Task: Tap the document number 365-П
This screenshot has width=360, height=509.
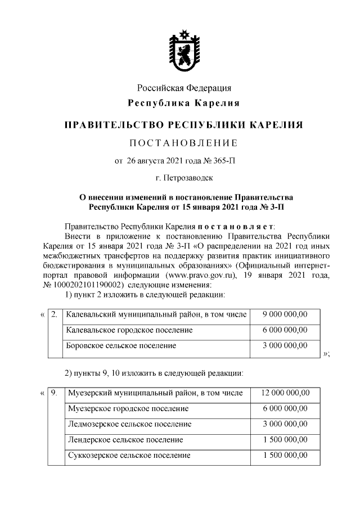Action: click(x=223, y=160)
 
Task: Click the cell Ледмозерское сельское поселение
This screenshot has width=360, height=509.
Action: click(x=128, y=424)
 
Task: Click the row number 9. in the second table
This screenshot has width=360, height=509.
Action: click(x=55, y=393)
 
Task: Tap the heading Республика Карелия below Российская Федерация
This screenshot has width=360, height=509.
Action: click(x=184, y=103)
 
